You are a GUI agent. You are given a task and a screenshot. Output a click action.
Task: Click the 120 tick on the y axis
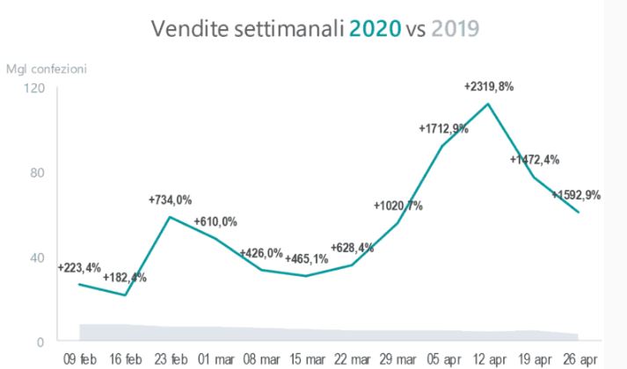[x=34, y=89]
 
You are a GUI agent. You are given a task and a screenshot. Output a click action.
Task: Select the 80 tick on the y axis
[x=37, y=173]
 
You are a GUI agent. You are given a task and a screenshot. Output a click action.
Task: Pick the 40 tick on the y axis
[x=37, y=257]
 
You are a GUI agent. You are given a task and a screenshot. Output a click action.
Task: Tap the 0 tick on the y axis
[x=40, y=341]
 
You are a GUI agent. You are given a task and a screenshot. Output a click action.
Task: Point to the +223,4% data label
[x=78, y=268]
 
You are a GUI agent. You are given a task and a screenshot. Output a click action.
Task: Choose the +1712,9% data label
[x=443, y=129]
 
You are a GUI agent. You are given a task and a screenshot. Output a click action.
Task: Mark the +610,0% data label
[x=215, y=221]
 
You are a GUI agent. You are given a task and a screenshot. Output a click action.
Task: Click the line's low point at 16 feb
[x=125, y=295]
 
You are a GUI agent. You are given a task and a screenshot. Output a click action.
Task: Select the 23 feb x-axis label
[x=171, y=360]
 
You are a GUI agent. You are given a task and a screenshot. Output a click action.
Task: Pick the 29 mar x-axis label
[x=397, y=360]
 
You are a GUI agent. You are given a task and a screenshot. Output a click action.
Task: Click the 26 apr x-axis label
[x=579, y=360]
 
